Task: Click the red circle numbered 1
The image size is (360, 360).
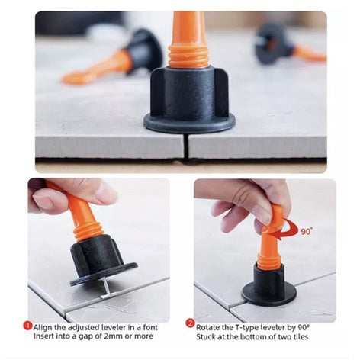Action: coord(27,326)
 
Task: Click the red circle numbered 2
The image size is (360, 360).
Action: coord(190,323)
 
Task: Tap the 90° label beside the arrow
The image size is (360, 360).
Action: coord(306,231)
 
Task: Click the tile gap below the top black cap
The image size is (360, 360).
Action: coord(185,146)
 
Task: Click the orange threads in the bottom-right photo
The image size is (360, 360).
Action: coord(269,261)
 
